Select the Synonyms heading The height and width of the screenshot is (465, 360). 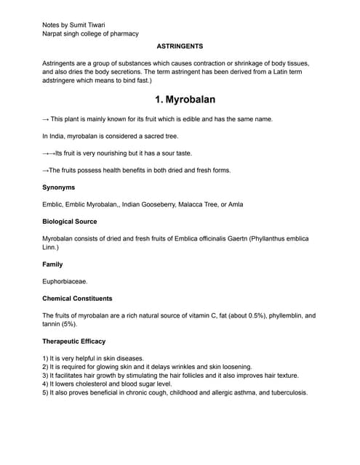click(58, 187)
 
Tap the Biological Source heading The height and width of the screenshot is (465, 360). click(70, 221)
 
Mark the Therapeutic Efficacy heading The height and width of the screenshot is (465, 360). click(73, 341)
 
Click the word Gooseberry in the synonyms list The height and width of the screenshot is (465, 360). click(164, 204)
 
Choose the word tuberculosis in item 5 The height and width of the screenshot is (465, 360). click(286, 393)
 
